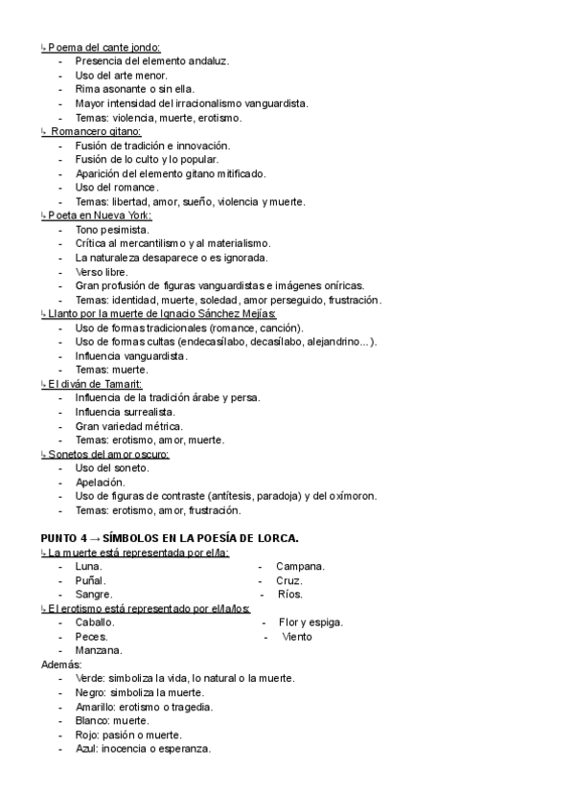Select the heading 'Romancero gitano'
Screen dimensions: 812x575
click(96, 131)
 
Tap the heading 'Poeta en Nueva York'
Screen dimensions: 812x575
click(99, 216)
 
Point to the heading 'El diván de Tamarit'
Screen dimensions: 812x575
click(95, 383)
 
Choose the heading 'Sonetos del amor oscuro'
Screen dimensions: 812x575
click(108, 454)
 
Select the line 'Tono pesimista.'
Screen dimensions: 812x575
click(111, 231)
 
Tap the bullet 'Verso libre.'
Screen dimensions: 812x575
click(102, 272)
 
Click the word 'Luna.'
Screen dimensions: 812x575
click(89, 567)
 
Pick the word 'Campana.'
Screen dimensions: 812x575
click(300, 567)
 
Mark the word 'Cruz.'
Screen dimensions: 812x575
click(289, 580)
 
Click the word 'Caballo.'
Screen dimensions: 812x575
click(95, 622)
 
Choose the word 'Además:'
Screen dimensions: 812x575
click(62, 664)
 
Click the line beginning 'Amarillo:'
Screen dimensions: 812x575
click(144, 707)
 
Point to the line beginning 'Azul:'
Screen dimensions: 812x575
click(143, 748)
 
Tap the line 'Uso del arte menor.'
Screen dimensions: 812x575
click(121, 75)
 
